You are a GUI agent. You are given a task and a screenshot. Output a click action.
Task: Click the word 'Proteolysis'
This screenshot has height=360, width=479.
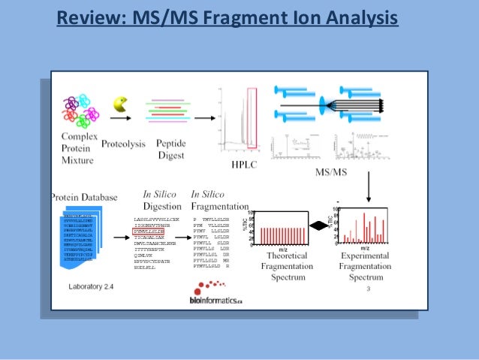point(125,142)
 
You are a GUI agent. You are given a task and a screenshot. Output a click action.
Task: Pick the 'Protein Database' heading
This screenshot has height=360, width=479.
point(84,198)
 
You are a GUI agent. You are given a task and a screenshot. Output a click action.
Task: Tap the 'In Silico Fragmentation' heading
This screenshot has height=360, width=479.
point(219,200)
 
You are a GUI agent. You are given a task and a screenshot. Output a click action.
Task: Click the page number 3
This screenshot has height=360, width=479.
point(369,289)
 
